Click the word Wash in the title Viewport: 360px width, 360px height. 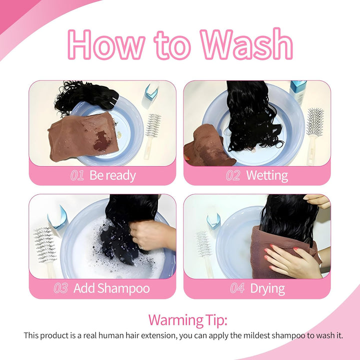[x=246, y=44]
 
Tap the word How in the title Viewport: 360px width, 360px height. [x=106, y=44]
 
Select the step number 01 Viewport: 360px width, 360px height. [x=77, y=175]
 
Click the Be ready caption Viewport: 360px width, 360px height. [x=112, y=175]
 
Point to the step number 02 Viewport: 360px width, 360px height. [x=233, y=175]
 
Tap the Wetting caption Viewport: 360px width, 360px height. [x=267, y=175]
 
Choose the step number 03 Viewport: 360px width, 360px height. [x=61, y=288]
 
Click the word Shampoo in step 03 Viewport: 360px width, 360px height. [x=123, y=288]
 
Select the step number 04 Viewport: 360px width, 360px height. [x=237, y=288]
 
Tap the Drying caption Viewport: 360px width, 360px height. [x=267, y=289]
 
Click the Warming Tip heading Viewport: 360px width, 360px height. [x=188, y=320]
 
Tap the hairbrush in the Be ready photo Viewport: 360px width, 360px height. [x=152, y=135]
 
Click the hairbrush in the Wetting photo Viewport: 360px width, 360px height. [x=313, y=136]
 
